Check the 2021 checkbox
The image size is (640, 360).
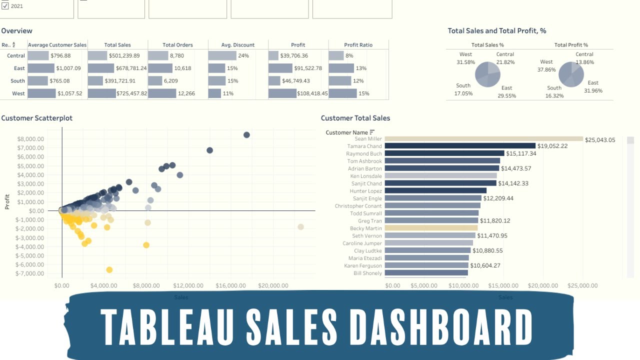5,6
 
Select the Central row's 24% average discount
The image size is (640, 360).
243,56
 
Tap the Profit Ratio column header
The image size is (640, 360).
358,45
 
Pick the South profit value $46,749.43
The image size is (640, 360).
295,81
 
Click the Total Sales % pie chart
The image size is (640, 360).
487,74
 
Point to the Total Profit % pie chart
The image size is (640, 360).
571,74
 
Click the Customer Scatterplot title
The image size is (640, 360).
37,118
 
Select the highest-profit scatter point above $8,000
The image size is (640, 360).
246,135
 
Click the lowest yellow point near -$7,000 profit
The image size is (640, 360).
109,270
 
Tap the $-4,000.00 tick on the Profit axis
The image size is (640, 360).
30,246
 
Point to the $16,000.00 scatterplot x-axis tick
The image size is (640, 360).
230,285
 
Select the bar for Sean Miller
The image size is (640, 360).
483,139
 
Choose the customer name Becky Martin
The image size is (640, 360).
365,228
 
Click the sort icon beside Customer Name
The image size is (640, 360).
372,132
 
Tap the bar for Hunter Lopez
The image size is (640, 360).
435,191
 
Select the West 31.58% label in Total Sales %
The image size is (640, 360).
465,58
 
